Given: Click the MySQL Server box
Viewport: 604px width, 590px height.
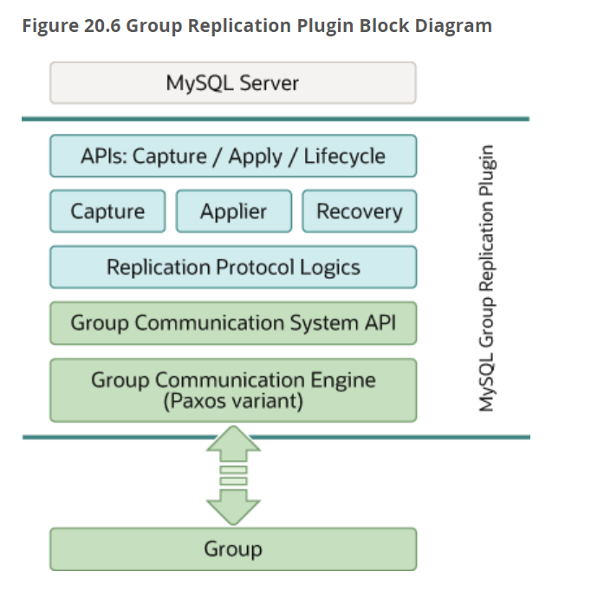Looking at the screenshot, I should pos(232,83).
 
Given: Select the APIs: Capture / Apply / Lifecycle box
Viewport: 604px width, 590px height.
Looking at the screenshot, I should pos(232,157).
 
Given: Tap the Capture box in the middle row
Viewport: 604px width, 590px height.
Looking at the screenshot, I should pos(107,211).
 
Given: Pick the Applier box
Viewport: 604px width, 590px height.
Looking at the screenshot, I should pos(233,211).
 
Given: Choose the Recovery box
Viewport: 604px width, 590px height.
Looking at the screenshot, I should pos(359,211).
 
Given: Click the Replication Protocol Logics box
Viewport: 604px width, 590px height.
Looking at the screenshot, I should pos(232,267).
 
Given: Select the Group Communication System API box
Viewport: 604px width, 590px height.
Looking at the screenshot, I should pos(232,323).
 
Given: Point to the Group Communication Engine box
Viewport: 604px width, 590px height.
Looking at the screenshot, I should pos(232,390).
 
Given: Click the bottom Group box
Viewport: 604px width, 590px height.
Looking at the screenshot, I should pos(232,548).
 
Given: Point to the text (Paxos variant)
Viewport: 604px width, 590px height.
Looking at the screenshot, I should pos(233,401).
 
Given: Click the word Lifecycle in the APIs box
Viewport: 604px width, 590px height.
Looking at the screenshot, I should pos(344,157).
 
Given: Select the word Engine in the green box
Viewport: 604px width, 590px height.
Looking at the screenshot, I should pos(342,380).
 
